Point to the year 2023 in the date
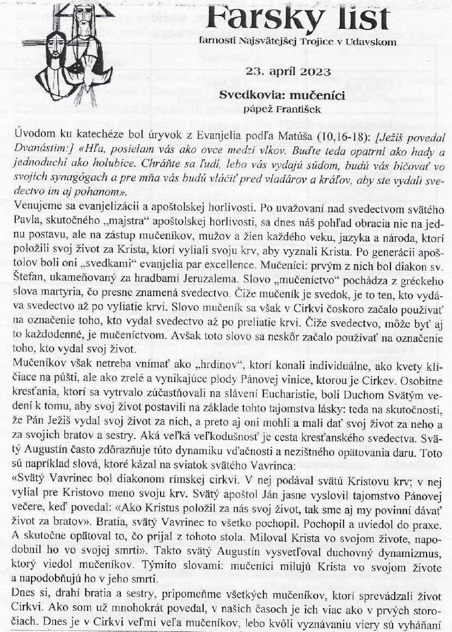[x=314, y=71]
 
